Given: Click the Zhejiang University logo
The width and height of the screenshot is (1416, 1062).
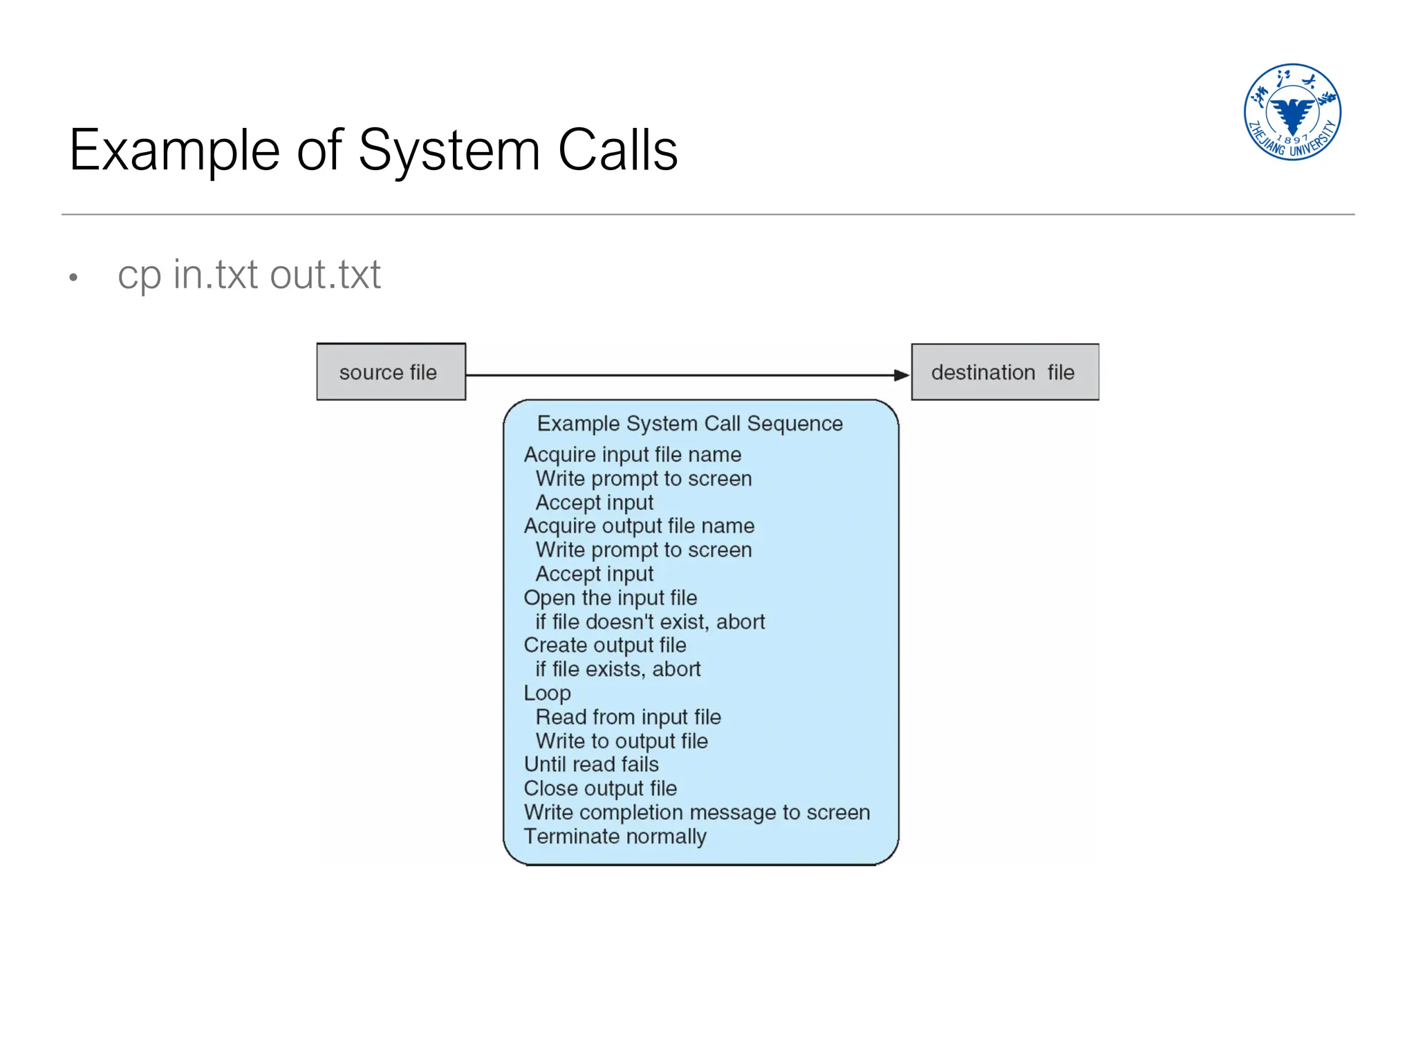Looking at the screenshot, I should coord(1292,112).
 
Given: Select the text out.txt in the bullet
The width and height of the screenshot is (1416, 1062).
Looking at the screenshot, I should coord(325,274).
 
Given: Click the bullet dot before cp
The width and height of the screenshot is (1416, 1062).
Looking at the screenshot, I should coord(73,278).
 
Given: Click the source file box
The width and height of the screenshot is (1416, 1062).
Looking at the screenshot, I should coord(391,372).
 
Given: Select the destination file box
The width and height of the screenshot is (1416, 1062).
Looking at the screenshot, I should coord(1004,372).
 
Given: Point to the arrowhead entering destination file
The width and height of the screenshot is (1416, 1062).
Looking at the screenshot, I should coord(902,375).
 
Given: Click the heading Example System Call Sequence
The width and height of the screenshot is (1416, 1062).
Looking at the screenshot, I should coord(689,423).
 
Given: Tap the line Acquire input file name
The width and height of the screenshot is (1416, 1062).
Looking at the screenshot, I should coord(632,454).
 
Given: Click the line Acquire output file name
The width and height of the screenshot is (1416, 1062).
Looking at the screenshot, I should coord(639,525).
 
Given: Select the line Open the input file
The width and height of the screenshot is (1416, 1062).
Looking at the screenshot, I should coord(610,597).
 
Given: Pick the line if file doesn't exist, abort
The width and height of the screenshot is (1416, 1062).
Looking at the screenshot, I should coord(650,622).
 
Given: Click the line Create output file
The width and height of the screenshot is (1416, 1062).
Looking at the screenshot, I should coord(605,645).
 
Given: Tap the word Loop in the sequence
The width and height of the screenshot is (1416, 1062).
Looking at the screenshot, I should coord(547,693).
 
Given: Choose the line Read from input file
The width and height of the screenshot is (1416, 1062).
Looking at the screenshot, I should coord(628,717).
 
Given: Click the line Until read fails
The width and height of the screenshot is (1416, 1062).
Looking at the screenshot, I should coord(591,764).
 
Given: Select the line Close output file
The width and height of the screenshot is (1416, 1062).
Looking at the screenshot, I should coord(600,788).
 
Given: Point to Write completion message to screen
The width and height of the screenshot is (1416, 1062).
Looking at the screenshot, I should coord(696,812).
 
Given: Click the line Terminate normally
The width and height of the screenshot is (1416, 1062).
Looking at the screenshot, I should coord(615,837).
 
